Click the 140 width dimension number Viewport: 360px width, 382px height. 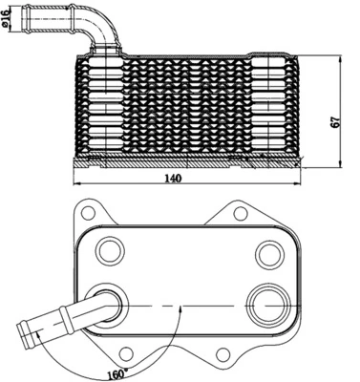pyautogui.click(x=173, y=179)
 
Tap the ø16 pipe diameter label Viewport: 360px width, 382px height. pyautogui.click(x=9, y=19)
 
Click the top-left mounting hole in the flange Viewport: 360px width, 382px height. pyautogui.click(x=88, y=211)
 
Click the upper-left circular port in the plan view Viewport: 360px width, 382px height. pyautogui.click(x=113, y=253)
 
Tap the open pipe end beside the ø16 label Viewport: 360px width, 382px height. pyautogui.click(x=26, y=18)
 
